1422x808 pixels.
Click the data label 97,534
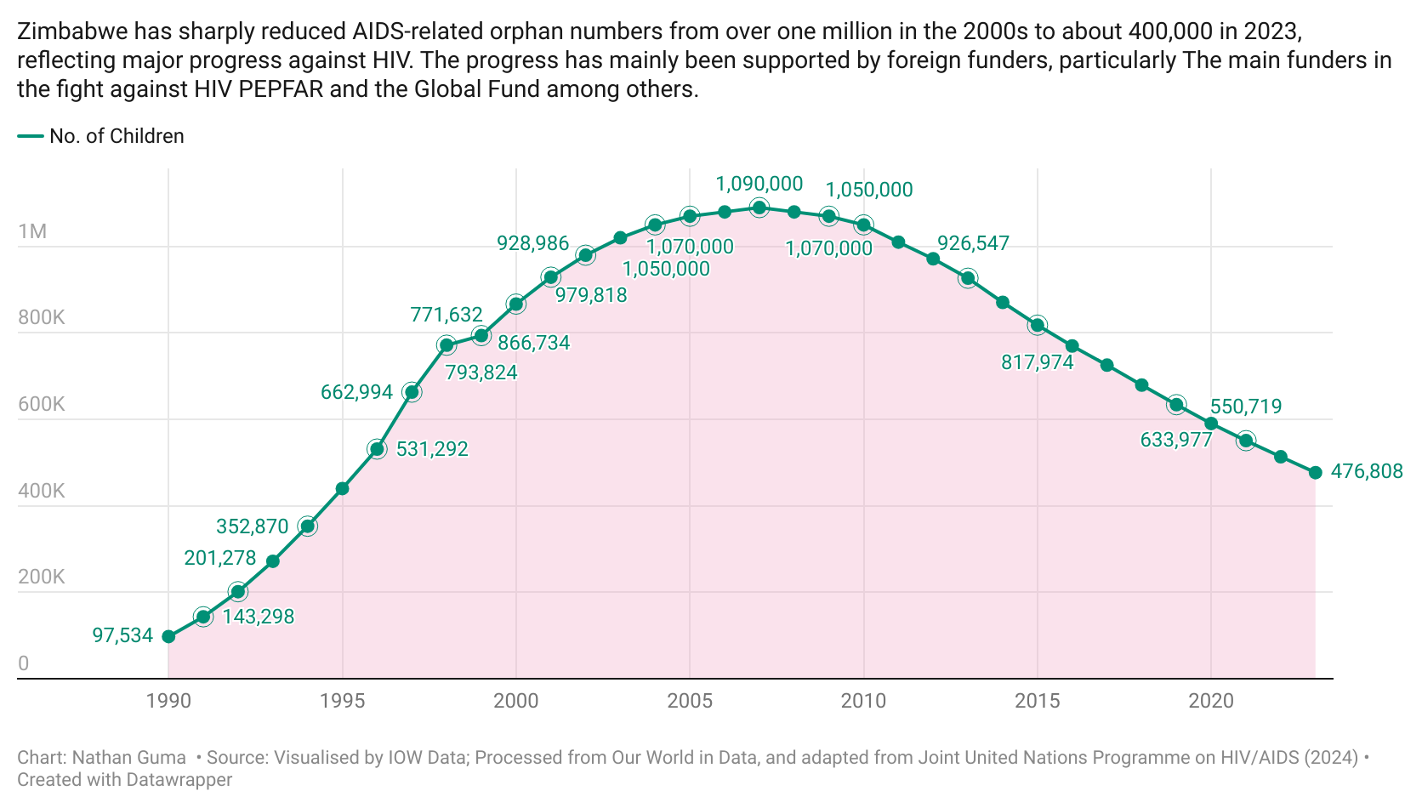coord(122,635)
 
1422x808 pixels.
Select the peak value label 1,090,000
coord(759,184)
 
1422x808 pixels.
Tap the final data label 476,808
coord(1366,471)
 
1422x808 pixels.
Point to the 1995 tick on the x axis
coord(342,701)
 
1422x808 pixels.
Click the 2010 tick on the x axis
coord(863,701)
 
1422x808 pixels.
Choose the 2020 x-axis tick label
coord(1210,701)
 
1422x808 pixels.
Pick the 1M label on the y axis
coord(32,231)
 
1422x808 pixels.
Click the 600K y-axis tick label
coord(41,404)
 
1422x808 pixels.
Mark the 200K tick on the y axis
coord(41,577)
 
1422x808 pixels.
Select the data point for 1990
coord(168,636)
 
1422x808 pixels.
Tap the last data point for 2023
coord(1315,473)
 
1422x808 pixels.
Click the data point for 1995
coord(342,488)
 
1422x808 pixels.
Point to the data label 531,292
coord(432,449)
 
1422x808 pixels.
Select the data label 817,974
coord(1037,362)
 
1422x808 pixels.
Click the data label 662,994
coord(356,392)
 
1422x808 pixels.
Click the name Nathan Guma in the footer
coord(128,758)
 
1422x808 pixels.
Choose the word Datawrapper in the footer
coord(179,779)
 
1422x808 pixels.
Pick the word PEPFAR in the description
coord(281,90)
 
